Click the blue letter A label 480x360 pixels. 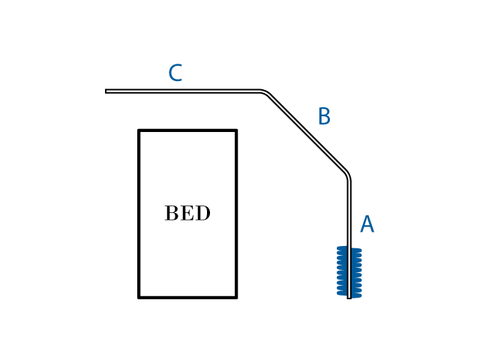click(x=367, y=225)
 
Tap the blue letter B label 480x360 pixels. click(x=324, y=117)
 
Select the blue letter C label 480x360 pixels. click(x=175, y=73)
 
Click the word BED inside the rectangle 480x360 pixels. click(x=187, y=214)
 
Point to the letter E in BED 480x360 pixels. click(x=187, y=214)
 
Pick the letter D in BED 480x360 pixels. click(x=203, y=214)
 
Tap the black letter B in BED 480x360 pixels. click(x=172, y=214)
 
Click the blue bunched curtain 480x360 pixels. click(x=349, y=271)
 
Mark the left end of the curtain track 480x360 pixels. click(x=106, y=91)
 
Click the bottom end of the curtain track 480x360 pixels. click(x=349, y=297)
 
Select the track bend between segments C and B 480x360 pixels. click(x=265, y=93)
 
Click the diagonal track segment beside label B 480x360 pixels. click(x=307, y=133)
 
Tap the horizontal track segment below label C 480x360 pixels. click(x=184, y=91)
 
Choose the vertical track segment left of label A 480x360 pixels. click(x=349, y=214)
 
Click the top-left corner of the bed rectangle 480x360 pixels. click(x=139, y=130)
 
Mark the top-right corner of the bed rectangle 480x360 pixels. click(x=236, y=130)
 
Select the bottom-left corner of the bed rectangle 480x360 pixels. click(x=139, y=297)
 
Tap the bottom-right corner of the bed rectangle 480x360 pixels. click(x=236, y=297)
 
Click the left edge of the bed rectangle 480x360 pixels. click(x=139, y=214)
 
